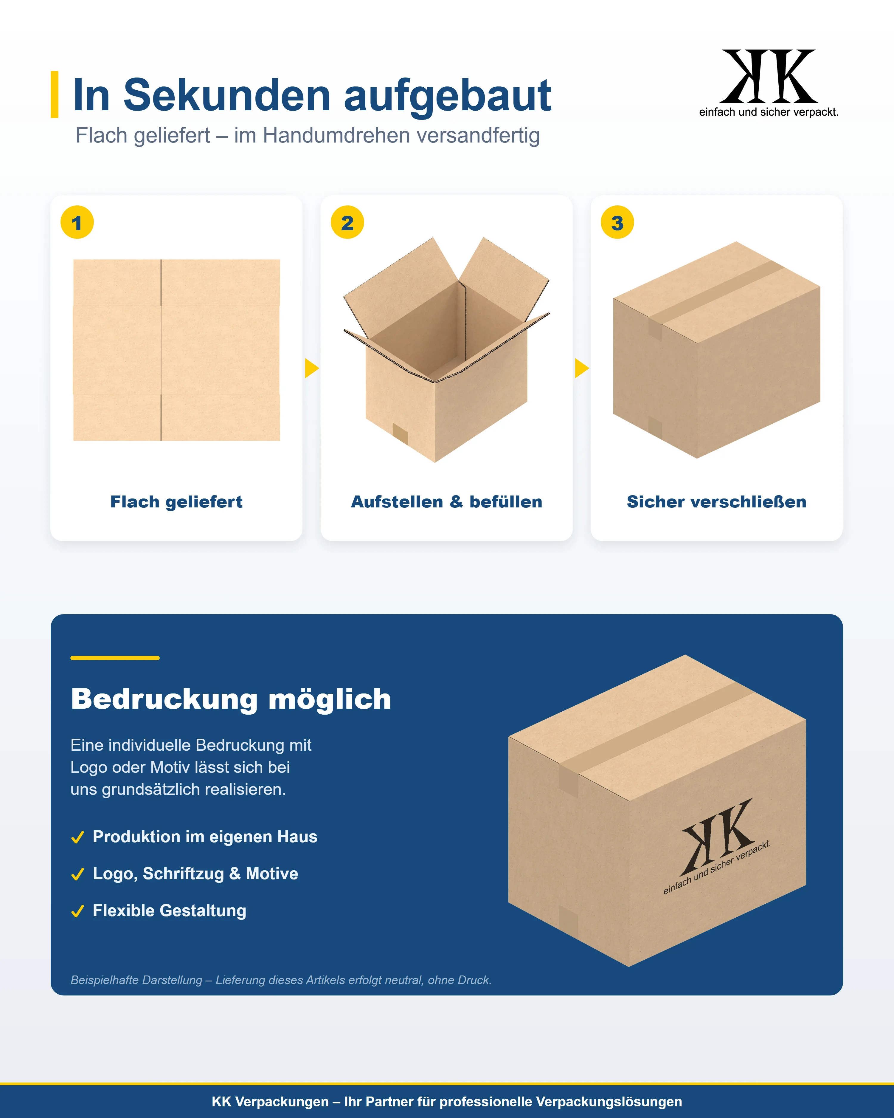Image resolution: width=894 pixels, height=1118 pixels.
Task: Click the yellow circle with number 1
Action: click(77, 222)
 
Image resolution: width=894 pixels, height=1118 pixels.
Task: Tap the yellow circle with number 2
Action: click(347, 222)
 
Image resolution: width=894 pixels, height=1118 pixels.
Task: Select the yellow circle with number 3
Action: click(617, 222)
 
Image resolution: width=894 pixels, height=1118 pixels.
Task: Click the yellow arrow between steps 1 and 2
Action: click(311, 368)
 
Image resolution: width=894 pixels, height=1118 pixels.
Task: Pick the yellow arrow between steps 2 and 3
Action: click(581, 368)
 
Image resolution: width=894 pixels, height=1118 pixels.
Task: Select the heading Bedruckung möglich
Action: click(231, 699)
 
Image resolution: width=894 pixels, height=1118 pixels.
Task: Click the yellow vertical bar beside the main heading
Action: click(55, 95)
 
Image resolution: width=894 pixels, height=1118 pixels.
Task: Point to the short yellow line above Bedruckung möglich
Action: click(115, 657)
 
